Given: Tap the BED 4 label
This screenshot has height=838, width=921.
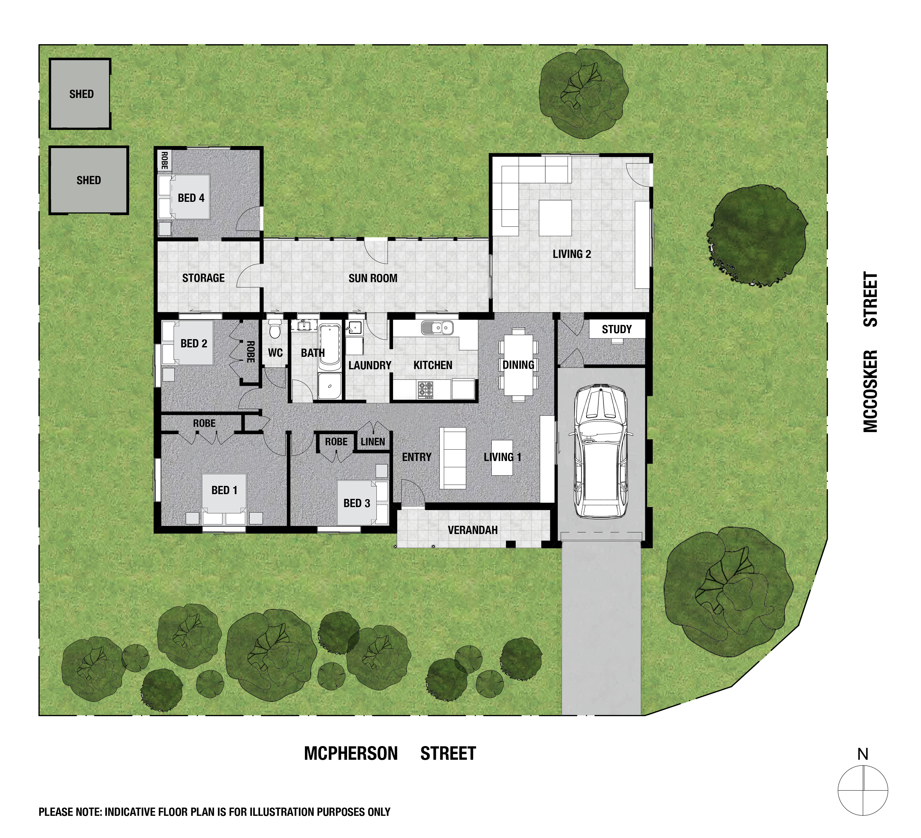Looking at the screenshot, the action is click(191, 198).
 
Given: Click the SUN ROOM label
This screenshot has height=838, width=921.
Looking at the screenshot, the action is click(373, 278).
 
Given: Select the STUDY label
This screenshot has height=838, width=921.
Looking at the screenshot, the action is click(617, 329).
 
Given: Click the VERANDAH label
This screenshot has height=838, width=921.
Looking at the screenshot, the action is click(472, 530).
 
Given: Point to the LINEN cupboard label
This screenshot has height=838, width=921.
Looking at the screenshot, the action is click(373, 441).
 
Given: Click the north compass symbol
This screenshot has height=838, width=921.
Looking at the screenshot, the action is click(862, 790).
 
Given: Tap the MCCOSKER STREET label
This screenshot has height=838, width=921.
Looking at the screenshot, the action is click(870, 352).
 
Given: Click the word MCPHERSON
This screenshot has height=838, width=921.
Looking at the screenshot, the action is click(351, 754).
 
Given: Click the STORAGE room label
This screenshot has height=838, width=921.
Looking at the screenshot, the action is click(203, 278).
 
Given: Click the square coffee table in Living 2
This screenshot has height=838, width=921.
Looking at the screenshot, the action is click(555, 218).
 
